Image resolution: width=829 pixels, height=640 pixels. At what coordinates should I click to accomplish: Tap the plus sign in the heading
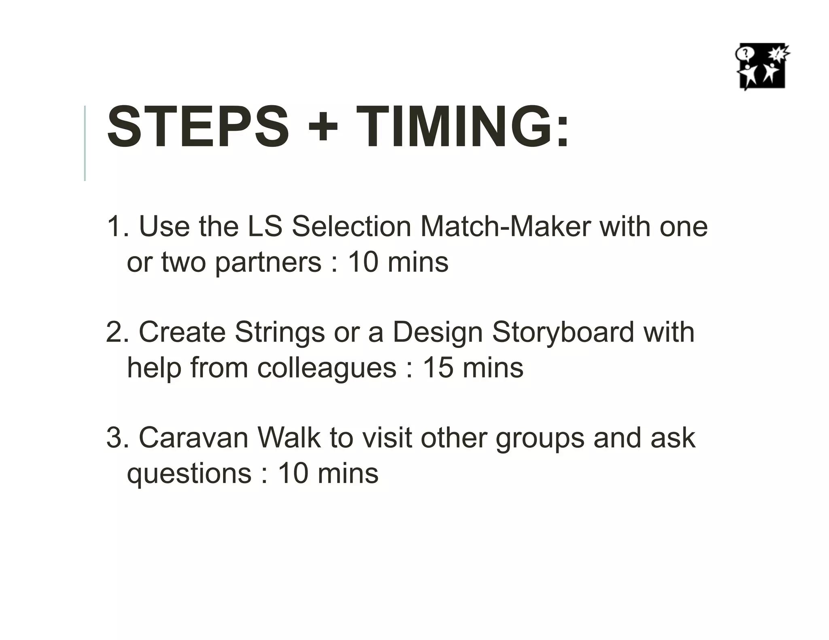(x=323, y=127)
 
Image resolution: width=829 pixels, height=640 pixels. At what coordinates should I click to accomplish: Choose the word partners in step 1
(x=268, y=263)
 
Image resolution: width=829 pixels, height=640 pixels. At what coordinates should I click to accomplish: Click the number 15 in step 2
(x=438, y=368)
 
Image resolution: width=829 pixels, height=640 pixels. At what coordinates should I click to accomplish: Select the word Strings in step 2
(x=280, y=332)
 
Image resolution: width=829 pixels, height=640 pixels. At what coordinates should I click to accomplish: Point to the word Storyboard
(x=563, y=332)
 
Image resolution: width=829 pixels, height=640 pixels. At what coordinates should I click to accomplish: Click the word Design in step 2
(x=438, y=333)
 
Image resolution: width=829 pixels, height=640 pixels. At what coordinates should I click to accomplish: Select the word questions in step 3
(x=189, y=474)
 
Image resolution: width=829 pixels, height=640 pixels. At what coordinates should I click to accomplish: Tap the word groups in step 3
(x=540, y=439)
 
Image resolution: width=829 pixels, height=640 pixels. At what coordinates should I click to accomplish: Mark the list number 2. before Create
(x=118, y=333)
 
